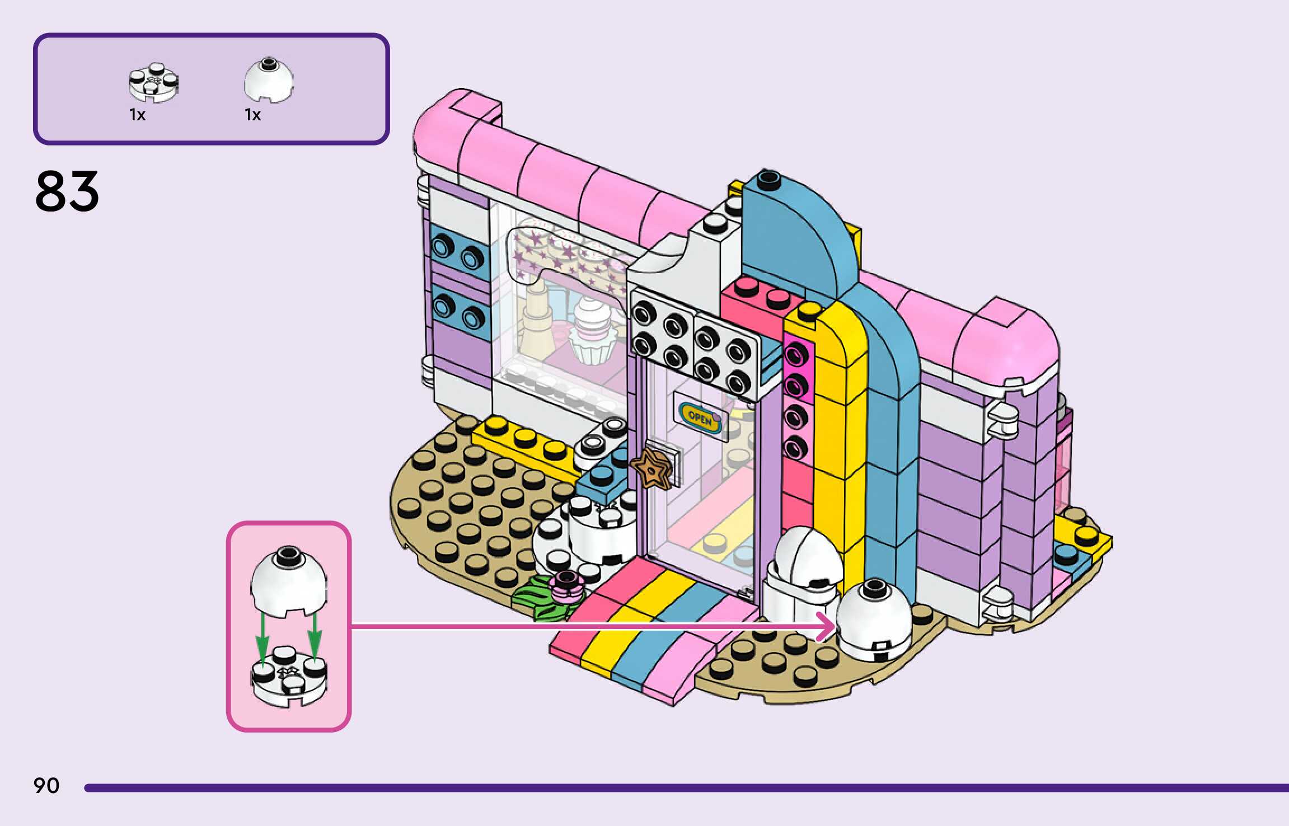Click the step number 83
[x=67, y=191]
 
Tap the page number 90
[x=46, y=785]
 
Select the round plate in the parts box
[x=153, y=83]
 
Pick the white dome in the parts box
[x=269, y=81]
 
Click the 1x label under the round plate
[x=138, y=115]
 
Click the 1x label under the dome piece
[x=253, y=115]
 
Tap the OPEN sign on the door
[x=700, y=417]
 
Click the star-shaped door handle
[x=651, y=468]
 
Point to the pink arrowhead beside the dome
[x=827, y=626]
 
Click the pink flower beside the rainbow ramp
[x=566, y=584]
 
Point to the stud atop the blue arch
[x=768, y=179]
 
